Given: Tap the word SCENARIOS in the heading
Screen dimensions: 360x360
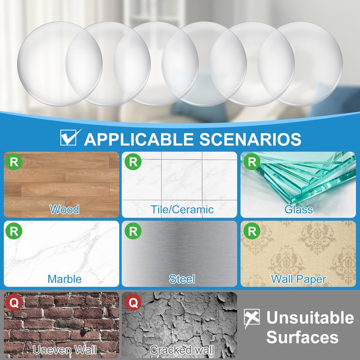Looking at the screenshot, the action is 250,139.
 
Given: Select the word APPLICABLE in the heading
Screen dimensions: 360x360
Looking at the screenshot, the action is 139,139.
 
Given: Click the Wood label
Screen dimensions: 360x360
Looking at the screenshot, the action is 64,209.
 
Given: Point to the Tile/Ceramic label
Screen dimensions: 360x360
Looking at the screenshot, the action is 182,209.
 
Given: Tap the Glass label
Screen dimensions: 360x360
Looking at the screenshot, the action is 298,209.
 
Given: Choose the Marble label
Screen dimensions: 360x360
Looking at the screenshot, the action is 64,279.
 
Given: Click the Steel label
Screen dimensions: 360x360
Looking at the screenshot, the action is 182,279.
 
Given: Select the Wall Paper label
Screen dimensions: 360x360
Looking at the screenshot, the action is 298,279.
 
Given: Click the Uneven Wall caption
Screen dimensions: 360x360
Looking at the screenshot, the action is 64,350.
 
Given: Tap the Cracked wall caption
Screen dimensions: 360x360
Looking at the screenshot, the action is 182,350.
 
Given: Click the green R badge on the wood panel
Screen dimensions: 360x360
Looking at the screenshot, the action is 14,162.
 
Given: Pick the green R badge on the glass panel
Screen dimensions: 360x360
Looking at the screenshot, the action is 252,162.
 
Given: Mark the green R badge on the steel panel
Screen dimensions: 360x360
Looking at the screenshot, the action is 133,231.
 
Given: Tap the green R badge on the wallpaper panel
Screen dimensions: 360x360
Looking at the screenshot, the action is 252,231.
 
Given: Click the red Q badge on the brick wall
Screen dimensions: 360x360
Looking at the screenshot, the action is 14,302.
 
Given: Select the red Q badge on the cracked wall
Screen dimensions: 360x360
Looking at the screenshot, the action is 133,302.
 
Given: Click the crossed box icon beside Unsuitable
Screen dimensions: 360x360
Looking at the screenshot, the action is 252,318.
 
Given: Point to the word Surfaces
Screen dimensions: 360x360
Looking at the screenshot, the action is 302,337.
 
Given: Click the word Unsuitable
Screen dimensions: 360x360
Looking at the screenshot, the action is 310,318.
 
